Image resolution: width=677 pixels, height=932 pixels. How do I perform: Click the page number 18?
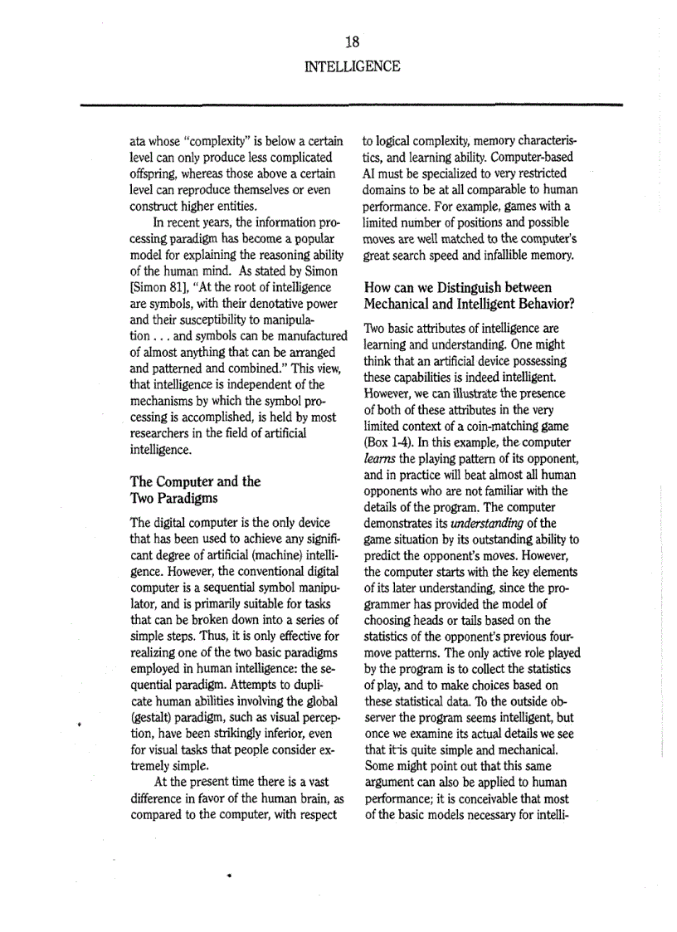pos(353,41)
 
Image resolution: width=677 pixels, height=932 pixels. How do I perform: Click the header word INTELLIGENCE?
pos(353,66)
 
